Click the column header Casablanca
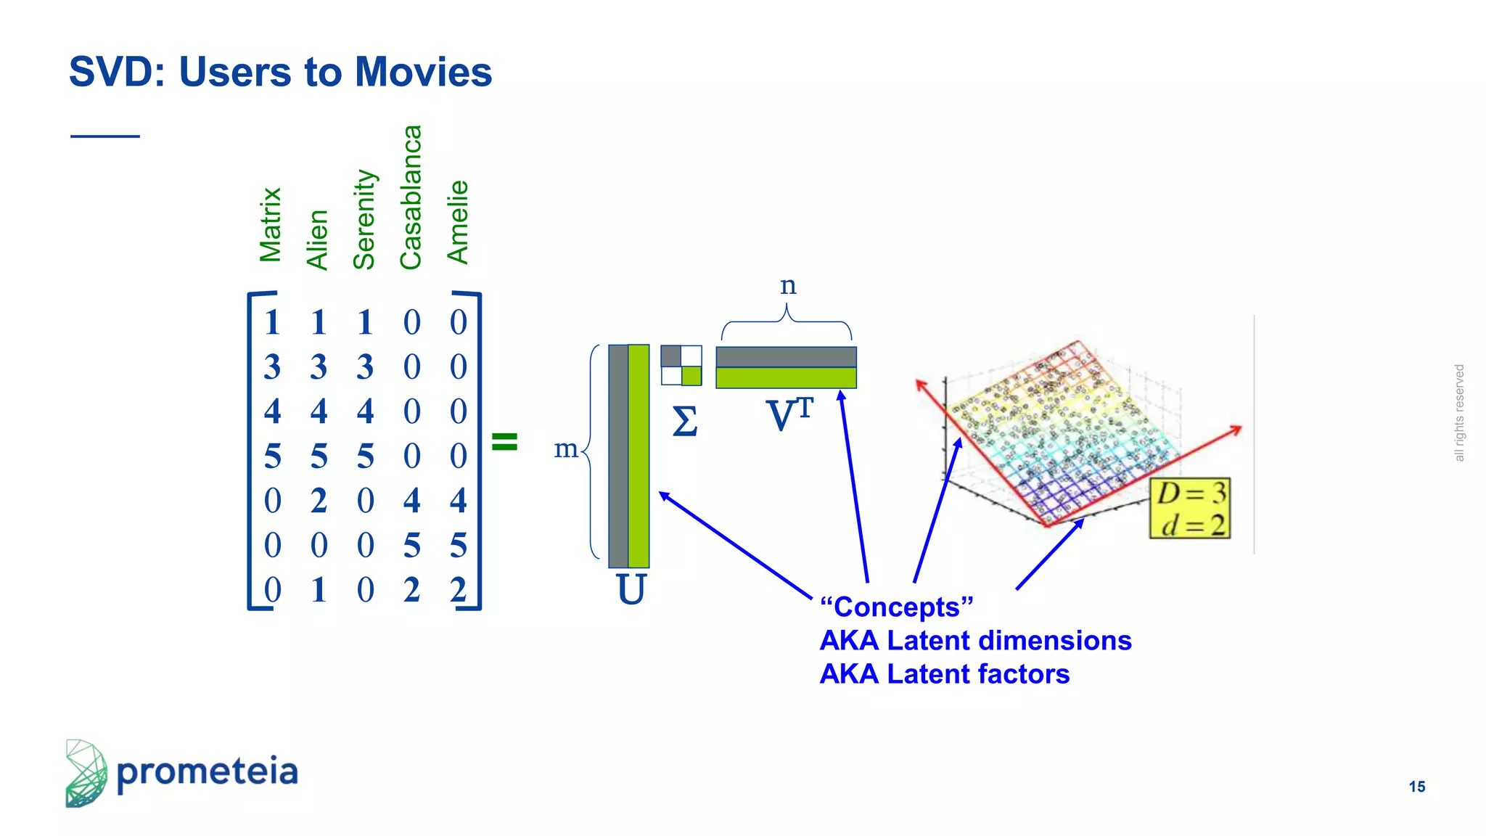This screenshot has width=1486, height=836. pos(411,197)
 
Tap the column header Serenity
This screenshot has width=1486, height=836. pos(364,219)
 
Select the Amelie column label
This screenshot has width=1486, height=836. pos(458,222)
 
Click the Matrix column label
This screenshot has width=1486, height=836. pos(271,225)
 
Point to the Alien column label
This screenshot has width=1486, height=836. pos(318,239)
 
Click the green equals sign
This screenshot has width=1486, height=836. pos(504,441)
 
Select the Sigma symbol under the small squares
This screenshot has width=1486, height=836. pos(684,421)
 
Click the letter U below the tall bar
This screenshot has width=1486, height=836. pos(631,589)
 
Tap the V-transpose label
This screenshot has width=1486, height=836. pos(789,415)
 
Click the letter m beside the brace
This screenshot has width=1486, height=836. pos(566,448)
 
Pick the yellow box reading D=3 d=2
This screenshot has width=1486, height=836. pos(1190,508)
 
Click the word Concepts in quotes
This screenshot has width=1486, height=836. pos(896,607)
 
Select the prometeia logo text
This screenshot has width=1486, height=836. pos(207,771)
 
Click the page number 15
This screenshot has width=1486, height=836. pos(1416,787)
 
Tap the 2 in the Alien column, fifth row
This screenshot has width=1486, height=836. pos(319,501)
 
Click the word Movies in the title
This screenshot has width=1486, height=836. pos(423,72)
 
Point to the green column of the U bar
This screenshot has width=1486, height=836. pos(639,456)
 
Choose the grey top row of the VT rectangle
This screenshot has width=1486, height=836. pos(786,357)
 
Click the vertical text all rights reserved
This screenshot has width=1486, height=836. pos(1459,413)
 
